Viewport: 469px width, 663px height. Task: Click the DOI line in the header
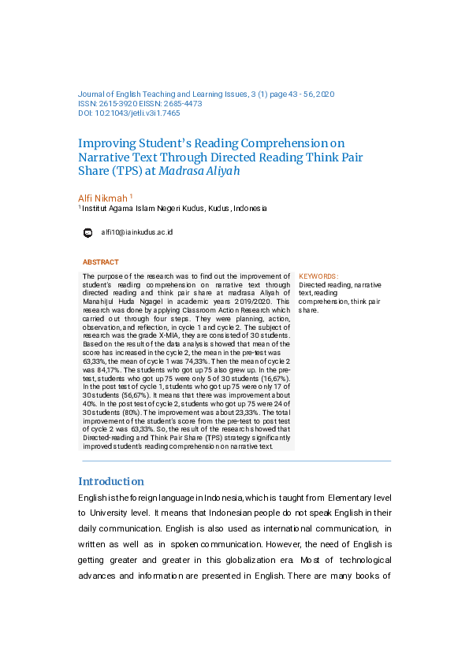click(x=129, y=113)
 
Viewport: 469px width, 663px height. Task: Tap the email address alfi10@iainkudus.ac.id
click(x=137, y=232)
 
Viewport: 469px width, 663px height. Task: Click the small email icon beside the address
click(x=87, y=232)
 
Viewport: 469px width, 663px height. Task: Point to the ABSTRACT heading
click(x=101, y=262)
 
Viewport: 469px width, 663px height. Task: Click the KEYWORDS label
click(x=319, y=276)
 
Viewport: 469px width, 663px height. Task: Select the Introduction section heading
click(x=111, y=481)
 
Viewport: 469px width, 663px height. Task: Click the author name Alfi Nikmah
click(x=102, y=198)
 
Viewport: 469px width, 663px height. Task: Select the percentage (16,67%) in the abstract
click(x=274, y=378)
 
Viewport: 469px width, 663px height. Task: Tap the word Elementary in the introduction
click(x=360, y=498)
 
